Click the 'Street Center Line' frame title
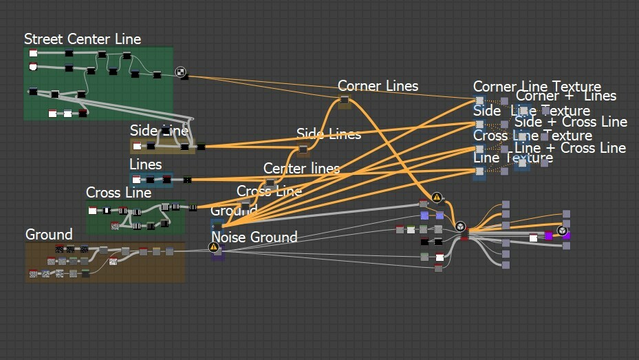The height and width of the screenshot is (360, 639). click(83, 39)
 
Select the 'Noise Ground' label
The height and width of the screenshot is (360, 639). click(254, 237)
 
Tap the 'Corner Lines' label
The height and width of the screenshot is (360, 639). click(378, 86)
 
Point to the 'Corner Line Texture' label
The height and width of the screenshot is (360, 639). click(537, 87)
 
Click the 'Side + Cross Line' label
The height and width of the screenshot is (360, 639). click(571, 122)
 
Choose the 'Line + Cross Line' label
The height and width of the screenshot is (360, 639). click(570, 148)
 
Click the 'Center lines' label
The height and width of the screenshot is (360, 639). click(301, 169)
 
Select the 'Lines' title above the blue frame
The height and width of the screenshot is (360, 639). click(146, 165)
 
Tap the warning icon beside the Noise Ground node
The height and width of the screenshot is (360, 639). click(214, 247)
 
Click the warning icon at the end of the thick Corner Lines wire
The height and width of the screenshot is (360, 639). click(437, 198)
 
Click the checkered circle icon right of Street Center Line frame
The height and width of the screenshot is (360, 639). click(180, 71)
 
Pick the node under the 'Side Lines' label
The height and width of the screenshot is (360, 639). click(303, 149)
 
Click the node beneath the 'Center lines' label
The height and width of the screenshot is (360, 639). click(270, 183)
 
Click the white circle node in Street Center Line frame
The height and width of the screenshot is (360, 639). click(33, 67)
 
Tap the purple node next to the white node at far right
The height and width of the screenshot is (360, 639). click(549, 236)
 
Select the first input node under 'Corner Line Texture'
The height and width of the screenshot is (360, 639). click(479, 101)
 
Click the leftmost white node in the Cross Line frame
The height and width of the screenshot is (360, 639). click(93, 211)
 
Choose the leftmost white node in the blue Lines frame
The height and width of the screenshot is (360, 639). click(137, 180)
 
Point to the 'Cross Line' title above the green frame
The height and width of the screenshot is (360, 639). click(118, 193)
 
